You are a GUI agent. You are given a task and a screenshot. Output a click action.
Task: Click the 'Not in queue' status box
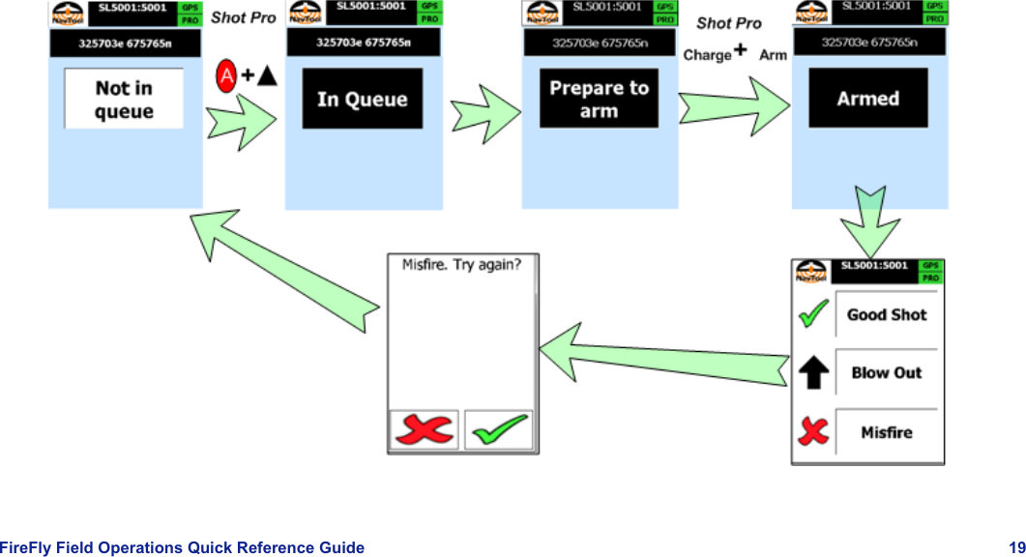point(124,99)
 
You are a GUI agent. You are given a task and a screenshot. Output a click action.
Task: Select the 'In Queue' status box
point(363,99)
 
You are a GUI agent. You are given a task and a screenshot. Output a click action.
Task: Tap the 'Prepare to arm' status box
point(599,100)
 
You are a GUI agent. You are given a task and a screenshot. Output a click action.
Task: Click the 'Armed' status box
point(868,99)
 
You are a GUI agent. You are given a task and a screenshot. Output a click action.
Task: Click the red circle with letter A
point(226,74)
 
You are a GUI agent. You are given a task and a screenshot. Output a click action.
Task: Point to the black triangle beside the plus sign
point(266,75)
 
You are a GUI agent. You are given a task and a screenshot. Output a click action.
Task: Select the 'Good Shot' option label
point(886,314)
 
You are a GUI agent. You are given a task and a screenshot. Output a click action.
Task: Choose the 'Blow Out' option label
point(886,373)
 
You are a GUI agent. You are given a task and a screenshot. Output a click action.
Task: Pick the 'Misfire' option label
point(886,432)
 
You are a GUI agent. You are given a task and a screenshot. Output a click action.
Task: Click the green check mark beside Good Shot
point(814,314)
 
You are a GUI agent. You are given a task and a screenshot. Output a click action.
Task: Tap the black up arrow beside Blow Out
point(814,373)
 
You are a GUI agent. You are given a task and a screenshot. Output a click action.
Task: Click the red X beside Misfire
point(814,431)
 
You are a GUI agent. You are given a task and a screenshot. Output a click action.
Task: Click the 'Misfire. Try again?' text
point(462,265)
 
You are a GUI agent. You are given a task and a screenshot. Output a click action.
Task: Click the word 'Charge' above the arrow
point(707,55)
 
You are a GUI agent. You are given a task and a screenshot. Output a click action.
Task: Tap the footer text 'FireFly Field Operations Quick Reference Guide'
point(183,547)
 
